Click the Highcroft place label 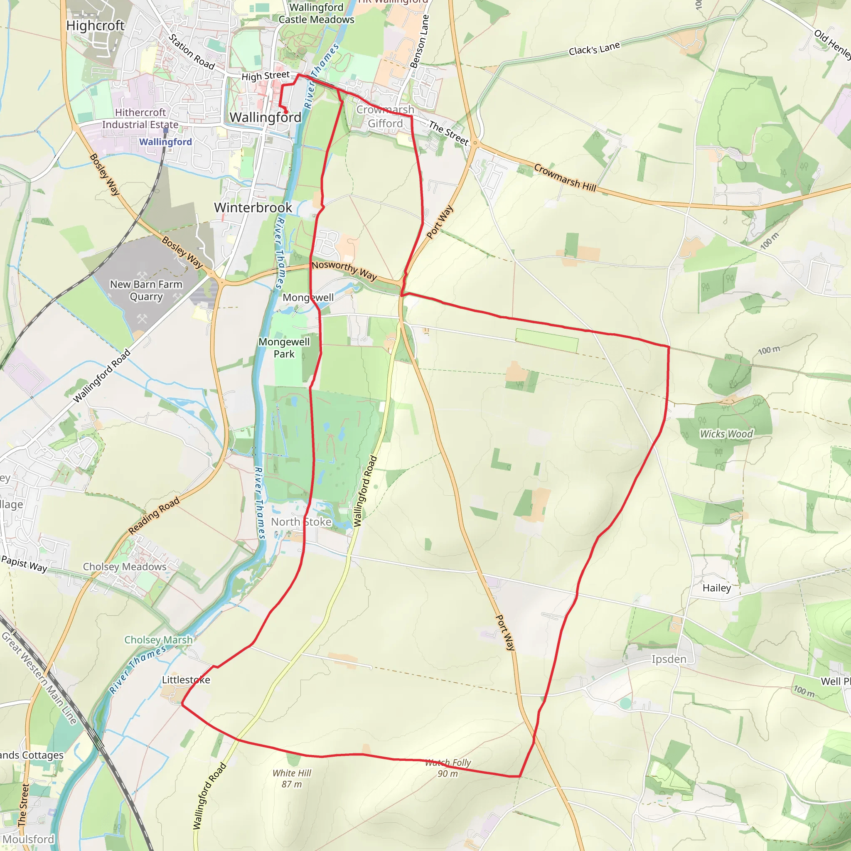[x=95, y=25]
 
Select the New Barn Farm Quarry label [x=146, y=291]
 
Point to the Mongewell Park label [x=284, y=348]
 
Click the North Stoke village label [x=301, y=522]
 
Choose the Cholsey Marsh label [x=158, y=639]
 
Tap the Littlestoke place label [x=186, y=680]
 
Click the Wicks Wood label [x=726, y=434]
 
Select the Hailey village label [x=717, y=588]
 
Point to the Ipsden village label [x=669, y=659]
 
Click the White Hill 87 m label [x=292, y=778]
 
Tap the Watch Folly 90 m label [x=448, y=768]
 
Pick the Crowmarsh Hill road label [x=565, y=177]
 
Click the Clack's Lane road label [x=594, y=49]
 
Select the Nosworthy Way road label [x=344, y=270]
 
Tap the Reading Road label [x=154, y=515]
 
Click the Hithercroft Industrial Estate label [x=140, y=118]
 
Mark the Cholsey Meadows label [x=125, y=567]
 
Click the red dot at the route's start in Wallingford [x=286, y=112]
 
